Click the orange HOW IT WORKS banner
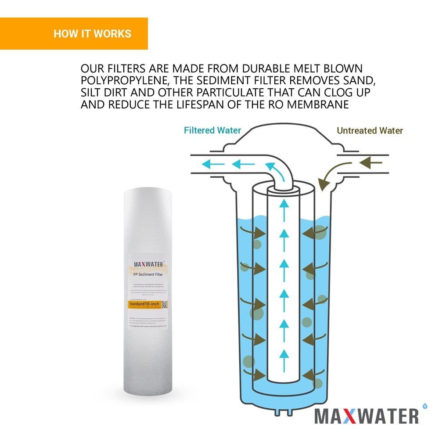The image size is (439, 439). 74,34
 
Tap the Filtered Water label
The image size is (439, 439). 212,130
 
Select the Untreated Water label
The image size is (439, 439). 370,130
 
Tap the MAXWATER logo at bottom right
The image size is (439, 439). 366,415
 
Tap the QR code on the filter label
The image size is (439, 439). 164,304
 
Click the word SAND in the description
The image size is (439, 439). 348,81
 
